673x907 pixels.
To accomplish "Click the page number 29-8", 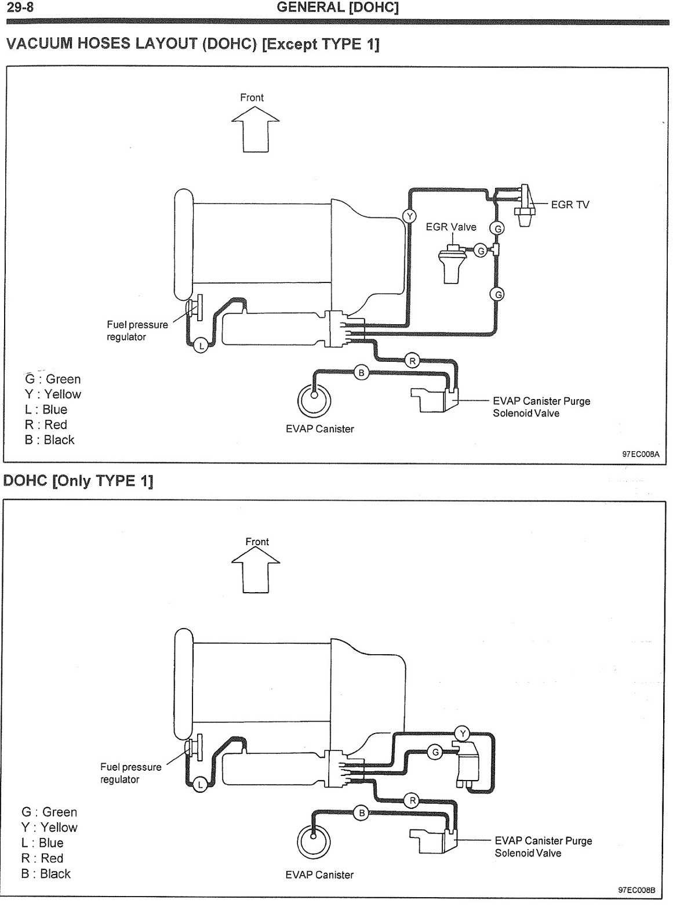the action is click(x=20, y=8).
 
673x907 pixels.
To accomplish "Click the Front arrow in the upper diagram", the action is click(x=255, y=129).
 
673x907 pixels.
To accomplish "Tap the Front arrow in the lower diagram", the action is click(x=256, y=569).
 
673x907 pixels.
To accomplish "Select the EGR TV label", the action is click(x=570, y=205).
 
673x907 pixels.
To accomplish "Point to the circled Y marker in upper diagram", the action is click(x=410, y=216).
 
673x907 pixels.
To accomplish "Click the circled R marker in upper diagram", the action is click(x=412, y=361).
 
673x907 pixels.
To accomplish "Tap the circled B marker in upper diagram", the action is click(x=362, y=372).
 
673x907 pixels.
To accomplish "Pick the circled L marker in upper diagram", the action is click(x=201, y=346).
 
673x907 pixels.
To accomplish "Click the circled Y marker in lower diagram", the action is click(x=463, y=733).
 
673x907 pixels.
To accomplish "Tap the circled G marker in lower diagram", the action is click(x=435, y=752).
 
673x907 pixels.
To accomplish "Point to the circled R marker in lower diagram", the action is click(x=412, y=801).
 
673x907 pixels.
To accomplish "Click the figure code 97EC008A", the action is click(x=641, y=454).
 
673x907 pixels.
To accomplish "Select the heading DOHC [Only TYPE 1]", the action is click(x=78, y=481).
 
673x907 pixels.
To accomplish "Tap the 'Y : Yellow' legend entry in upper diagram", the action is click(x=53, y=394).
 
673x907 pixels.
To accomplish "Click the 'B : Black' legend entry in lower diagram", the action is click(x=46, y=873).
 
